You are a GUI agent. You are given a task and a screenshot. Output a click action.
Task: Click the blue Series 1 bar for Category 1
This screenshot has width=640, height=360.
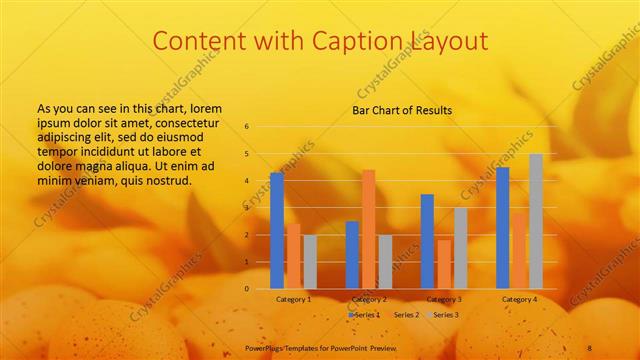tap(277, 230)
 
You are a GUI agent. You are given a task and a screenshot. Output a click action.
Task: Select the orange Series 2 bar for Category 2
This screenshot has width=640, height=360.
tap(368, 229)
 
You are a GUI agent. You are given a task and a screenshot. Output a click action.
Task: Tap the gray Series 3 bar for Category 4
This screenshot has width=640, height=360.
tap(536, 221)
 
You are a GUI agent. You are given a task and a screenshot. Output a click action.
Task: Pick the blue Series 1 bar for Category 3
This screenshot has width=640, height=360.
tap(427, 241)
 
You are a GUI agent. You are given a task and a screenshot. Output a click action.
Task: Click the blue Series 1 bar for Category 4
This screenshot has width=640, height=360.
tap(503, 228)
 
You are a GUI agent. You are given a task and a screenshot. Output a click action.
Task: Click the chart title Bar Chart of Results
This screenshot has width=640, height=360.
tap(402, 110)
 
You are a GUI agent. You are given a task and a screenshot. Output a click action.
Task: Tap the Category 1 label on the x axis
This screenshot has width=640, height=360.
tap(294, 299)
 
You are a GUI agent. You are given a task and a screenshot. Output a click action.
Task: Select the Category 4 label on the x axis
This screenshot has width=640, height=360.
tap(519, 299)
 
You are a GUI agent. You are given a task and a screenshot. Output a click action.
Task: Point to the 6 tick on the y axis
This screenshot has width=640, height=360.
tap(247, 127)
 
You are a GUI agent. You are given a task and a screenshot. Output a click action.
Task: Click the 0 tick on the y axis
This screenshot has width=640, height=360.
tap(247, 289)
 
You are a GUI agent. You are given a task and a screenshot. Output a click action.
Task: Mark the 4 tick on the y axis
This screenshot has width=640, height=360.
tap(247, 181)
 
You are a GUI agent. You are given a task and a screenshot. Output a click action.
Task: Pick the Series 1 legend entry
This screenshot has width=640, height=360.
tap(365, 315)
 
